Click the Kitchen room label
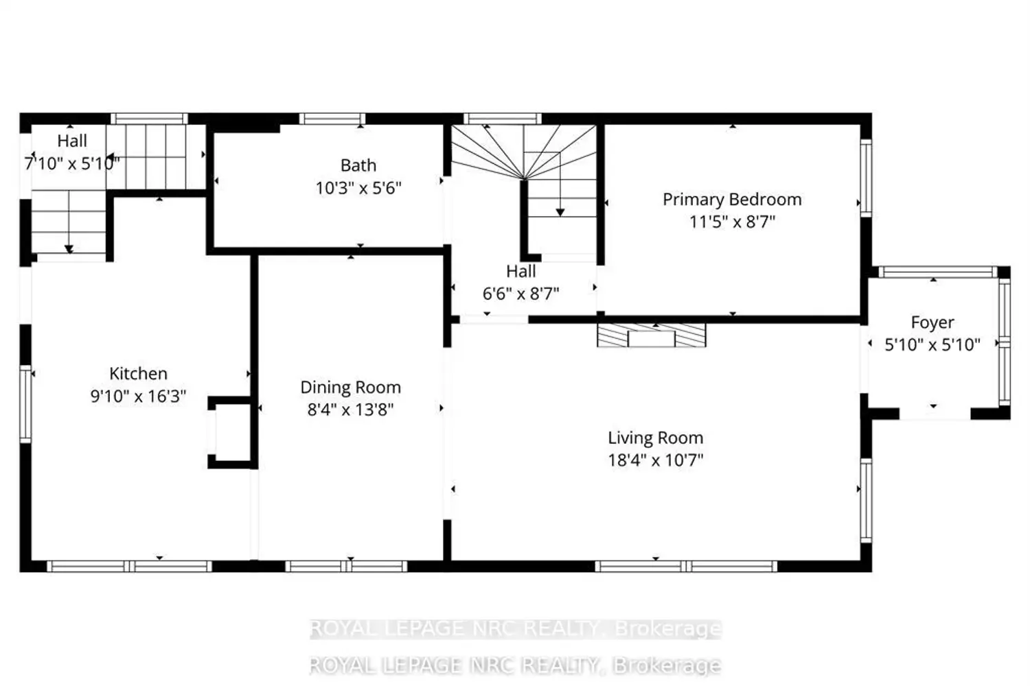coord(139,374)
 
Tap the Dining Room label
coord(351,388)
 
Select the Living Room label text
coord(656,438)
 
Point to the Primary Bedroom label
coord(732,200)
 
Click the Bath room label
coord(358,165)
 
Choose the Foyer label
coord(932,322)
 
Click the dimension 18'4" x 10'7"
coord(656,460)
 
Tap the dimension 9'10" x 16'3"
coord(139,396)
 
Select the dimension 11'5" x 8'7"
coord(732,222)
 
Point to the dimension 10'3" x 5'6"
coord(358,188)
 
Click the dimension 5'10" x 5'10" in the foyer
coord(932,344)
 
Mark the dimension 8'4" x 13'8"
coord(351,410)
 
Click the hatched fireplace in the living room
coord(651,335)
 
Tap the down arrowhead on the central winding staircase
coord(560,212)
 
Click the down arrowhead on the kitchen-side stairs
coord(69,249)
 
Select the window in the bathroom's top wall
coord(332,119)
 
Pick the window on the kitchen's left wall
coord(26,404)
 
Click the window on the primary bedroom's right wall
coord(866,178)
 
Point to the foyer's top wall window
coord(939,272)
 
